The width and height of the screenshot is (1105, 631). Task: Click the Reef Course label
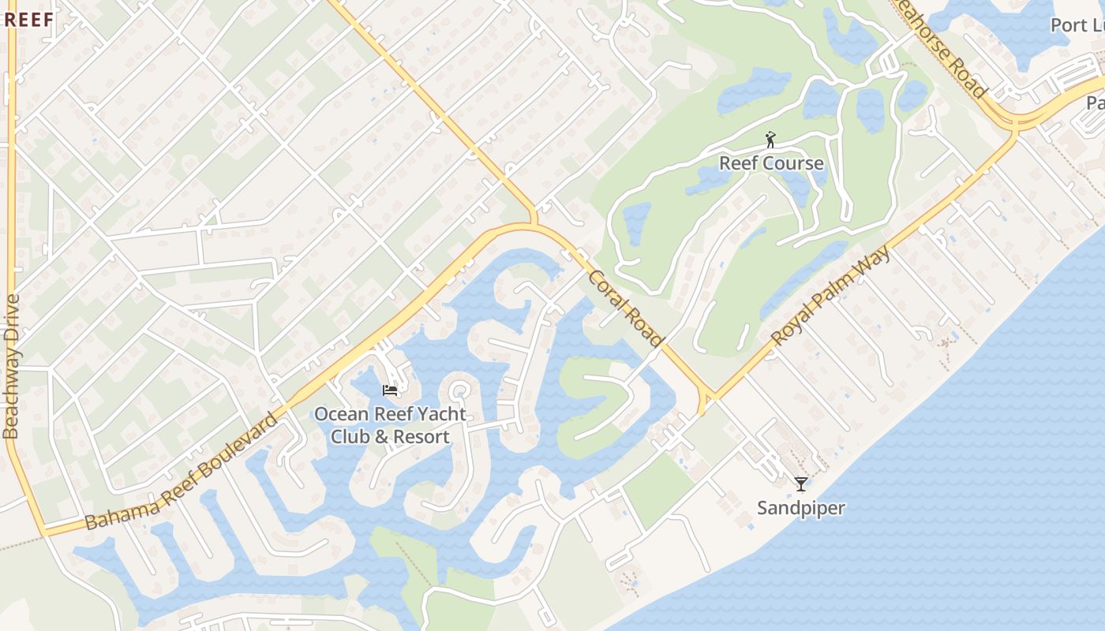pyautogui.click(x=771, y=163)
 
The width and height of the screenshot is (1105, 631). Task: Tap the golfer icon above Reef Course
pyautogui.click(x=771, y=140)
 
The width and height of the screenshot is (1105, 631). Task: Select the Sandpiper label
pyautogui.click(x=801, y=508)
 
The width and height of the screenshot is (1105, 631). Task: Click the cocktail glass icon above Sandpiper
pyautogui.click(x=801, y=484)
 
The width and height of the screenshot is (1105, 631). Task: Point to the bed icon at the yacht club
pyautogui.click(x=390, y=390)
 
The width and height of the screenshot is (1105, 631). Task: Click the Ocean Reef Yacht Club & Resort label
pyautogui.click(x=390, y=425)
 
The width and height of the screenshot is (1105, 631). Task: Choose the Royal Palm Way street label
pyautogui.click(x=831, y=296)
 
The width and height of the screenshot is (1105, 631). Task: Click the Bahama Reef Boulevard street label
pyautogui.click(x=182, y=472)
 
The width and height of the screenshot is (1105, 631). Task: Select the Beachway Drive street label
pyautogui.click(x=12, y=366)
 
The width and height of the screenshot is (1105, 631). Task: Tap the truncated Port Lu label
pyautogui.click(x=1077, y=25)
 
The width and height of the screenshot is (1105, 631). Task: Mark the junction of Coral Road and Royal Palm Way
pyautogui.click(x=708, y=395)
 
